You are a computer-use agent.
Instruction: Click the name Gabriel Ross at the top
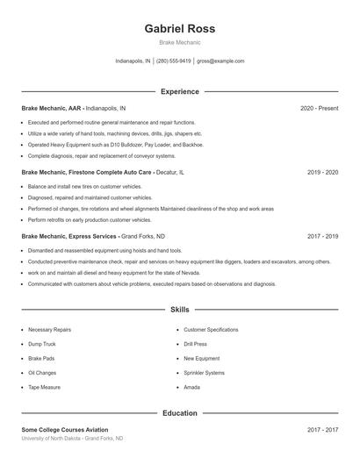(x=179, y=28)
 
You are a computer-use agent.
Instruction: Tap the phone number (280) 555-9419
(x=174, y=61)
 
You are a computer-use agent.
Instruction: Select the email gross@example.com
(x=220, y=61)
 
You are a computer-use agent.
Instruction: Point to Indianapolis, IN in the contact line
(x=133, y=61)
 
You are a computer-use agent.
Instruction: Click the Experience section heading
(x=179, y=91)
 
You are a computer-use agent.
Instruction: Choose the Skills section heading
(x=179, y=310)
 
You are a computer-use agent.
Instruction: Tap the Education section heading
(x=179, y=412)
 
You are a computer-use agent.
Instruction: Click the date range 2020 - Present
(x=319, y=108)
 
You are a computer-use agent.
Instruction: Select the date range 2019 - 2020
(x=322, y=173)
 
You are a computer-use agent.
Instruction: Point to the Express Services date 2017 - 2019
(x=322, y=236)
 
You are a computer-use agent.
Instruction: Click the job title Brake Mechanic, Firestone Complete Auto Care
(x=86, y=173)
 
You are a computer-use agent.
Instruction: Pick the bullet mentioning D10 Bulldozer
(x=115, y=144)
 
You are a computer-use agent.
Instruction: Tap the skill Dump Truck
(x=42, y=344)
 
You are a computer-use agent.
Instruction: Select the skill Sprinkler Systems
(x=204, y=372)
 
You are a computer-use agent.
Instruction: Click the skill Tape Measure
(x=44, y=387)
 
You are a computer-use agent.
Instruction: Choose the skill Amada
(x=191, y=387)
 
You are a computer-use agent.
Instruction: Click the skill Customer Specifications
(x=211, y=329)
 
